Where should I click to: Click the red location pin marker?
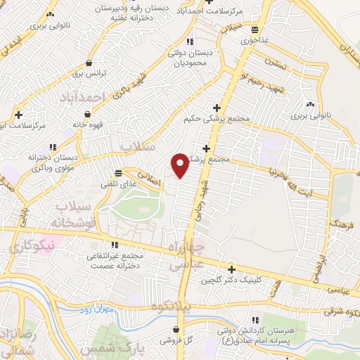coord(181,164)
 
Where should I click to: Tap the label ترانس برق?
coord(89,72)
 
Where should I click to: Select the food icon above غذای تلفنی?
coord(119,172)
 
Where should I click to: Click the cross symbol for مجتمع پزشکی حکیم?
coord(217,108)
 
